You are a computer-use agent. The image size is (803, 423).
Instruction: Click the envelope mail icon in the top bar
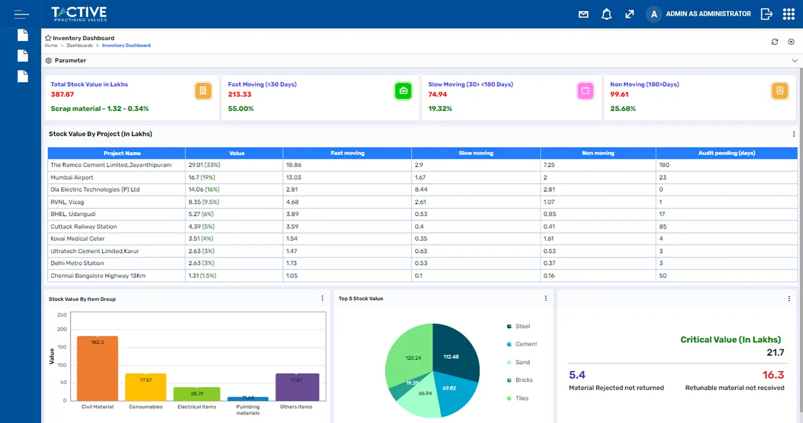click(583, 15)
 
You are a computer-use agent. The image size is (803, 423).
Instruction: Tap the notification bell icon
click(606, 15)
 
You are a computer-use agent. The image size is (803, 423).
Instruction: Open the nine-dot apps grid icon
click(788, 14)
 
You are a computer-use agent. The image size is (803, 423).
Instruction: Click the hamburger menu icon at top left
click(21, 14)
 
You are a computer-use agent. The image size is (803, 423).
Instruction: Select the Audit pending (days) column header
click(726, 153)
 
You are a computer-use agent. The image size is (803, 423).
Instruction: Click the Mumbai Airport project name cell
click(72, 178)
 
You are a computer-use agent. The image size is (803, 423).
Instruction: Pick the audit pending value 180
click(665, 165)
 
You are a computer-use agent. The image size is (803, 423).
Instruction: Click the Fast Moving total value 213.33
click(239, 95)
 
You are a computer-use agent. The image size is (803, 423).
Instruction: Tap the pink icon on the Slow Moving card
click(585, 91)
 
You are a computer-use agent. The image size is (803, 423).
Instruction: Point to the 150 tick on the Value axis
click(62, 347)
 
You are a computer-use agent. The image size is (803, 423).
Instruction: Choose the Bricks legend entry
click(523, 380)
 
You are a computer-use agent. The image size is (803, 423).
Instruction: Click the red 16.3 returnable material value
click(773, 375)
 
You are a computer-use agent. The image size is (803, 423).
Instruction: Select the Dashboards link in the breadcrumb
click(80, 45)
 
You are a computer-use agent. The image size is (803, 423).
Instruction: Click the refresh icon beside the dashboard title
click(775, 42)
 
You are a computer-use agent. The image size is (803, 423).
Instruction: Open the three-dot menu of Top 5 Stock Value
click(546, 299)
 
